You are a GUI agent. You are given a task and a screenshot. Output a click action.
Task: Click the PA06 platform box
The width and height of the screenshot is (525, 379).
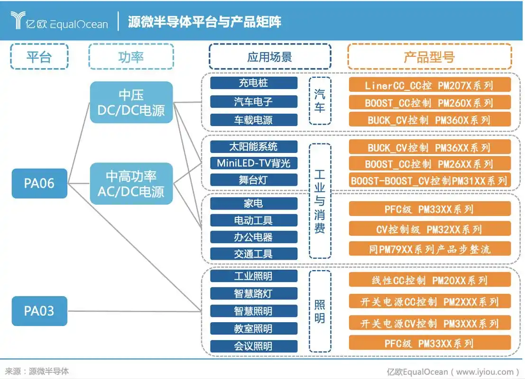pos(39,183)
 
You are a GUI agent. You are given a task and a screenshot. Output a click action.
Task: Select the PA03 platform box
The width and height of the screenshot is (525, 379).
pos(39,311)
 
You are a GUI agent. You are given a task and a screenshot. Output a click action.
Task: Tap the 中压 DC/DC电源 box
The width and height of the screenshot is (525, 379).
pos(131,102)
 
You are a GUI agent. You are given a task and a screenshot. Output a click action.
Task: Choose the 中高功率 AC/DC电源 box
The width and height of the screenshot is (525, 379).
pos(131,184)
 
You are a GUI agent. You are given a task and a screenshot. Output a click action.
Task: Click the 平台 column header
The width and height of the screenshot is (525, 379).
pos(39,57)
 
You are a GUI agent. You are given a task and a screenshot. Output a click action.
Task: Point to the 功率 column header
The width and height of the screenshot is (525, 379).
pos(131,57)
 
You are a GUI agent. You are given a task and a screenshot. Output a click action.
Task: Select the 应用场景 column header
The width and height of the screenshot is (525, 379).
pos(269,57)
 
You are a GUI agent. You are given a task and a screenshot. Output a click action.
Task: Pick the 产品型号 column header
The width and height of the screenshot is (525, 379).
pos(429,57)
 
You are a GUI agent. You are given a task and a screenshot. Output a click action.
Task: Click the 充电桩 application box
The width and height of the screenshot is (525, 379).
pos(253,83)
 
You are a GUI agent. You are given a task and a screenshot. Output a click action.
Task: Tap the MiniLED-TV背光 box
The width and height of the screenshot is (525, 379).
pos(253,163)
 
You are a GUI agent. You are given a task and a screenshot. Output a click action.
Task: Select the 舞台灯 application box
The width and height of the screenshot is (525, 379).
pos(253,180)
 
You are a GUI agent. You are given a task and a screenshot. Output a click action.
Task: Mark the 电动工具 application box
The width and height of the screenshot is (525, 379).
pos(253,220)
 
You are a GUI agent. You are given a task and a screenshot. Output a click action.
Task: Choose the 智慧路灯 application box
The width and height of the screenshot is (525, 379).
pos(253,294)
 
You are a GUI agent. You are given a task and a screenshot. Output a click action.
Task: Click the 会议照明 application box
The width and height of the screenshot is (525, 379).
pos(253,346)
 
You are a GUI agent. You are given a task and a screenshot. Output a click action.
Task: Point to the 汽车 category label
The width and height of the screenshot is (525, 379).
pos(320,101)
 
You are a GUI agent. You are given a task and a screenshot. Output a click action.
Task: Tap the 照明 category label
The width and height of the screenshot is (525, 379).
pos(320,311)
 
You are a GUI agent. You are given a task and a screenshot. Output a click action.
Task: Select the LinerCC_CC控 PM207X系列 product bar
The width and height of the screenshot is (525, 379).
pos(429,85)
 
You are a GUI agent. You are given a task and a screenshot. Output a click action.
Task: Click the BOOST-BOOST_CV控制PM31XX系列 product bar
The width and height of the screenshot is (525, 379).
pos(429,180)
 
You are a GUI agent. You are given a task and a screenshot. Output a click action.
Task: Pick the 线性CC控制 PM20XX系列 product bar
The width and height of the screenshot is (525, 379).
pos(429,280)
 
